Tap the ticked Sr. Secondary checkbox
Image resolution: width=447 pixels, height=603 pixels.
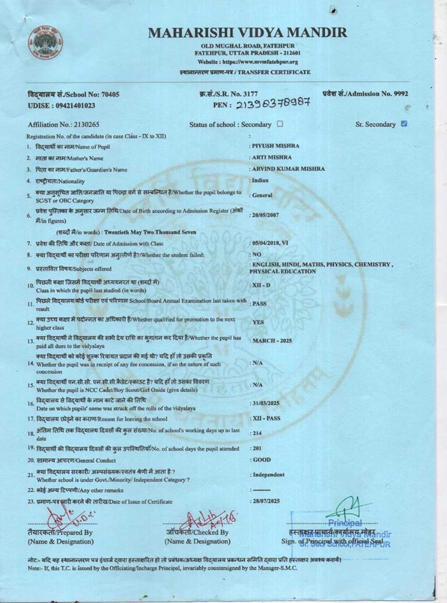pyautogui.click(x=404, y=124)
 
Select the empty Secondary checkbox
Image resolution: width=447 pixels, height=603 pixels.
pyautogui.click(x=280, y=124)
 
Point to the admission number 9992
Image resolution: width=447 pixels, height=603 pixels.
pyautogui.click(x=401, y=94)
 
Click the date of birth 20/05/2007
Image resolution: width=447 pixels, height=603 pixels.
pyautogui.click(x=266, y=215)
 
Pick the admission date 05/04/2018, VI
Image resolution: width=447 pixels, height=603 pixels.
pyautogui.click(x=270, y=243)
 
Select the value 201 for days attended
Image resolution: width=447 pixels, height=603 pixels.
pyautogui.click(x=257, y=448)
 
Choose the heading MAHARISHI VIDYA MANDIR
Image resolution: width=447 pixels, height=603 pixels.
pyautogui.click(x=247, y=33)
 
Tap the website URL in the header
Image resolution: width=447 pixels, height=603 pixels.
pyautogui.click(x=260, y=63)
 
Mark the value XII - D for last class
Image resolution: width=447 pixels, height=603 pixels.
pyautogui.click(x=261, y=285)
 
